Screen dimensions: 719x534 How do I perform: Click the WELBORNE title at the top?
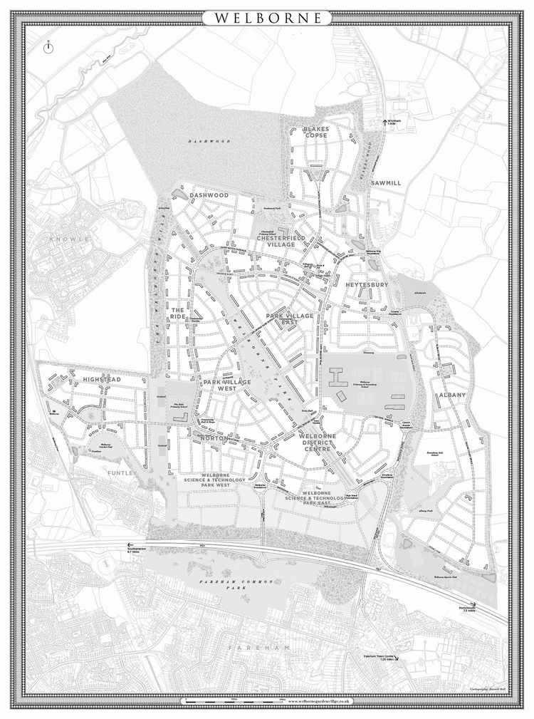pyautogui.click(x=267, y=16)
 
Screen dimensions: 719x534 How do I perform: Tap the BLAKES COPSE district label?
pyautogui.click(x=315, y=133)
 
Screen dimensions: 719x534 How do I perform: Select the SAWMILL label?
pyautogui.click(x=385, y=183)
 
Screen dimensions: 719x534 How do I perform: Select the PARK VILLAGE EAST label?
pyautogui.click(x=290, y=319)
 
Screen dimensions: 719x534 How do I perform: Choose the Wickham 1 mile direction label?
pyautogui.click(x=393, y=123)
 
